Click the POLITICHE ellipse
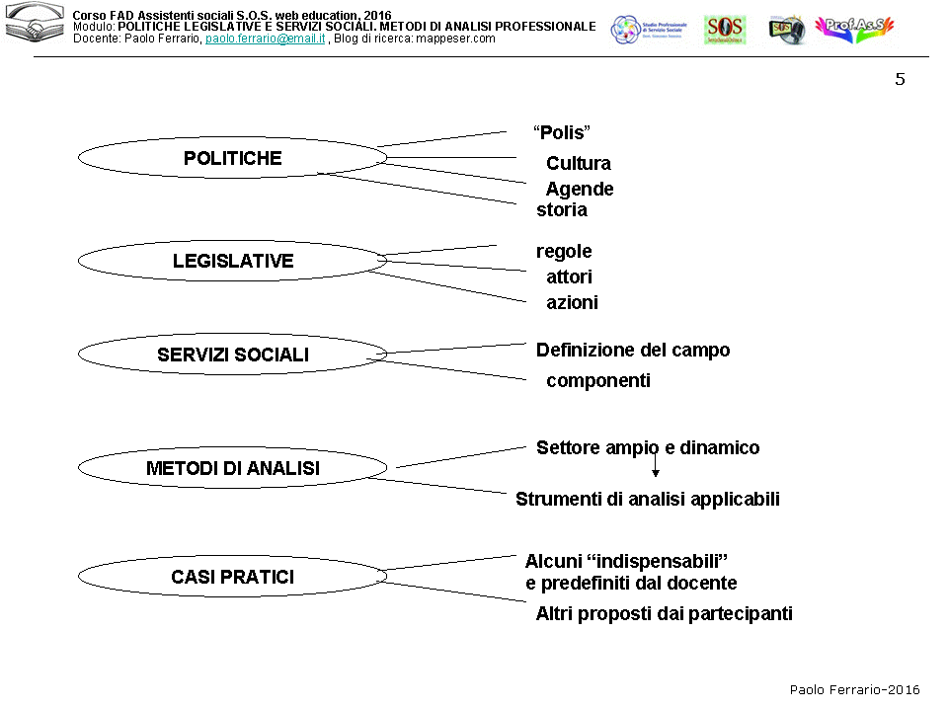click(232, 158)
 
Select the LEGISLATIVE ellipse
click(232, 261)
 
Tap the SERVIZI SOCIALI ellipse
click(232, 355)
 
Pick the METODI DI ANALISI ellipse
click(232, 468)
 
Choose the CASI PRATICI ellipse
click(232, 577)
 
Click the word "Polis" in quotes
click(562, 133)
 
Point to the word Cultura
click(579, 163)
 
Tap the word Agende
click(580, 189)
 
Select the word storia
click(562, 209)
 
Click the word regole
click(564, 252)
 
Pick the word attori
click(570, 277)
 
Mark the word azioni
click(572, 303)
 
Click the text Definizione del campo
click(633, 351)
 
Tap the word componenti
click(598, 381)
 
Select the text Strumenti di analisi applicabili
click(648, 499)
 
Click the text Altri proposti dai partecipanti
click(664, 614)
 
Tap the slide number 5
click(900, 80)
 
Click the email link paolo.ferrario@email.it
click(266, 39)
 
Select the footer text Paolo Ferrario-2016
click(854, 689)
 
